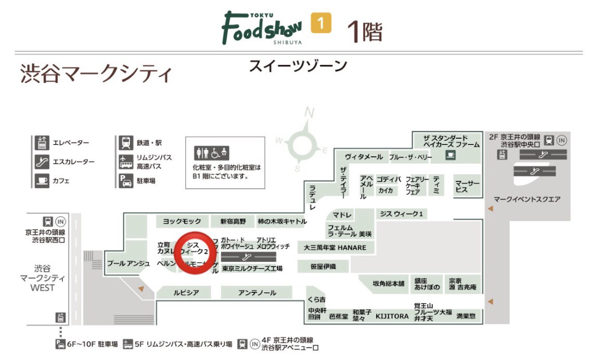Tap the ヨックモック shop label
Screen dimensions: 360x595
(x=182, y=221)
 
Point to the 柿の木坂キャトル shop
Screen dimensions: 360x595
(x=282, y=221)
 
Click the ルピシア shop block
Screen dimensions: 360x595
(x=186, y=293)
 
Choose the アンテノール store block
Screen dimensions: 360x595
(x=257, y=293)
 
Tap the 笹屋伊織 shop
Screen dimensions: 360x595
(x=323, y=266)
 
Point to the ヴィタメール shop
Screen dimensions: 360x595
(x=364, y=157)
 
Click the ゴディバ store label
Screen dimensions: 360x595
(x=389, y=179)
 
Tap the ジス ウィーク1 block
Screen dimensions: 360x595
(x=402, y=214)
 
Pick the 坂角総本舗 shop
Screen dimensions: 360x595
(x=388, y=284)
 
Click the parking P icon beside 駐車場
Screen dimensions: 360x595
(x=125, y=181)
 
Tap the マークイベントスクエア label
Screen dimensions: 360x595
(x=527, y=199)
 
